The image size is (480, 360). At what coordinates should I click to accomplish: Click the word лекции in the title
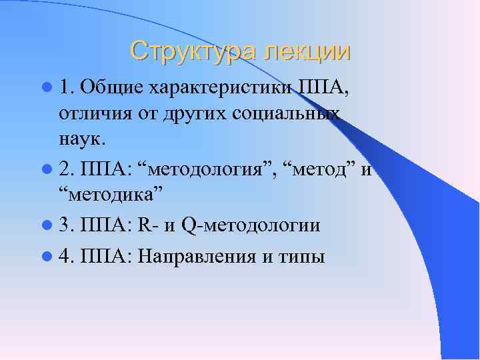(306, 51)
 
